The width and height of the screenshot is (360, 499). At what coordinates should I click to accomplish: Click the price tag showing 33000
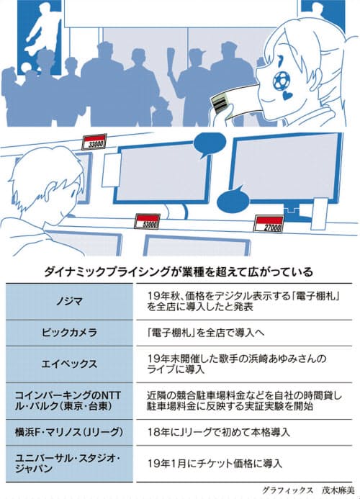94,142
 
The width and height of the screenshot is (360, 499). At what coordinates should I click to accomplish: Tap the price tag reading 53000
148,221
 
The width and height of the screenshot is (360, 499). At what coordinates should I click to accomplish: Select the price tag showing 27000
269,224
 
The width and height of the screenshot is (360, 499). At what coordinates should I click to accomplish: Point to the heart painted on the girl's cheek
287,95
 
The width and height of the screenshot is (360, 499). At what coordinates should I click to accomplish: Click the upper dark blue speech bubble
209,144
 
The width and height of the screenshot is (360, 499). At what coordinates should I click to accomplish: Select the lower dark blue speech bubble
233,199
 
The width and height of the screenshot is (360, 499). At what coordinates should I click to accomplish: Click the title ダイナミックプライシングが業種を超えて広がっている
179,272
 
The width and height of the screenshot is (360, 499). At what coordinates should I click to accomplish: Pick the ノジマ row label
69,302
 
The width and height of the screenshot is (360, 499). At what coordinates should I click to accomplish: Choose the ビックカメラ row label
69,333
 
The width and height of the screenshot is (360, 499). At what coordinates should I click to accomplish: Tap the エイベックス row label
69,364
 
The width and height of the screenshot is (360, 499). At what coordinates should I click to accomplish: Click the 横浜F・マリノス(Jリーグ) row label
68,432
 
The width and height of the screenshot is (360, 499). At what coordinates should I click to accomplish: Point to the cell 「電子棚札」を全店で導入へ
206,333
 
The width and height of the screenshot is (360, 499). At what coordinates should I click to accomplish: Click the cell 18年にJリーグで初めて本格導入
218,432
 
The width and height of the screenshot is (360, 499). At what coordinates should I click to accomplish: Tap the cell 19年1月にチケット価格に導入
215,464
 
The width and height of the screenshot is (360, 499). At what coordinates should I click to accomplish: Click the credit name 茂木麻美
338,490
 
